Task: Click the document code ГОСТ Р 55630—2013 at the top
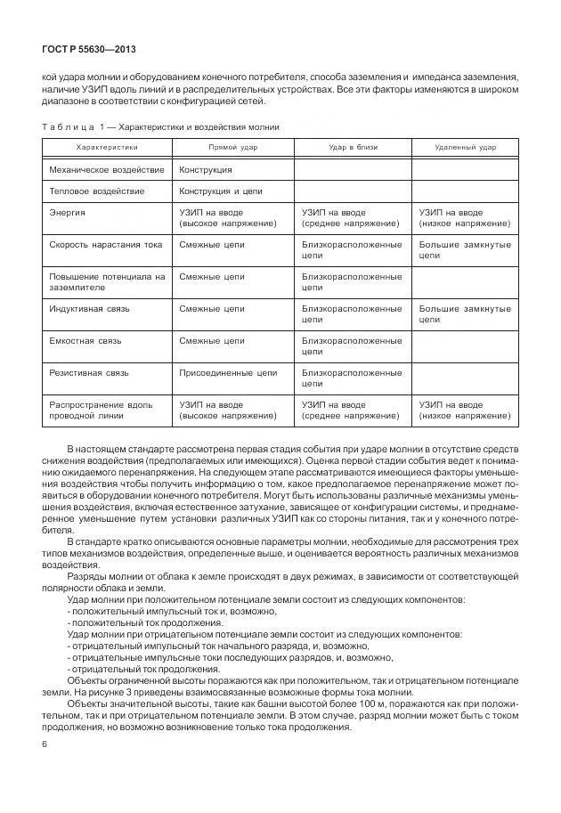pos(88,49)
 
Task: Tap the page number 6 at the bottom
pos(45,744)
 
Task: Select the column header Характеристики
pos(107,147)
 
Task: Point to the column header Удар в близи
pos(352,147)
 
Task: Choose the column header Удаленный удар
pos(465,147)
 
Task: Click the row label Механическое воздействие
pos(107,169)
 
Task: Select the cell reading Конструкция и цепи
pos(220,191)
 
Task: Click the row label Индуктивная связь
pos(90,308)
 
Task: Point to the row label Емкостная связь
pos(86,340)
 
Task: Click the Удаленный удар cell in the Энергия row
pos(465,218)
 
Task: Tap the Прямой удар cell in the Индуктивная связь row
pos(211,308)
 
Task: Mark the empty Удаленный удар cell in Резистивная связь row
pos(465,378)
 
